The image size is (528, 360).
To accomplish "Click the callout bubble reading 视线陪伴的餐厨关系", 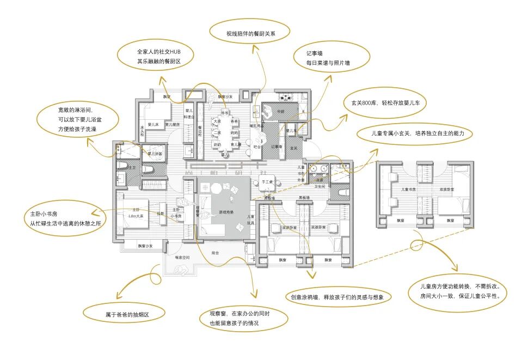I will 251,34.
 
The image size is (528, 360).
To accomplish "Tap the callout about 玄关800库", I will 386,103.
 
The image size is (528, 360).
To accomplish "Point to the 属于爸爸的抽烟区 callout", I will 127,315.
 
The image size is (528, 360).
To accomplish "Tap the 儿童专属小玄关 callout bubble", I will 414,133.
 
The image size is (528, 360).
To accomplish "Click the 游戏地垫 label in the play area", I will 226,212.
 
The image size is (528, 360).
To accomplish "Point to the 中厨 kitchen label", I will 281,112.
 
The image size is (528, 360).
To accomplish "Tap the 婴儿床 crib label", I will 153,125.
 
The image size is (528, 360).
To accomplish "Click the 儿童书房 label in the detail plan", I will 409,189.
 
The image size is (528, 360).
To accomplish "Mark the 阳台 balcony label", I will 215,252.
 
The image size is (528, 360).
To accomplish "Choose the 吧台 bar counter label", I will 257,147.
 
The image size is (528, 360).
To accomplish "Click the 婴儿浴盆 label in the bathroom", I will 156,154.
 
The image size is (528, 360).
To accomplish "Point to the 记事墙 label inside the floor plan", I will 275,147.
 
